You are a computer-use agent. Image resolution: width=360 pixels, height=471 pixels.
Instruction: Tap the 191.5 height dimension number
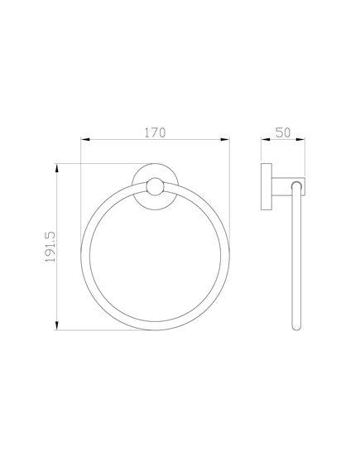[x=49, y=248]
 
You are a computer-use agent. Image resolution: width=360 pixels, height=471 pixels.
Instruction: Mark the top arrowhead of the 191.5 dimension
[x=56, y=167]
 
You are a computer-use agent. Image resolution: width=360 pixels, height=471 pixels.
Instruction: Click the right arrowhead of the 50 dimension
[x=304, y=139]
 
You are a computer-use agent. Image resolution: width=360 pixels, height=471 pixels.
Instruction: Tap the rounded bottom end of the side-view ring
[x=295, y=329]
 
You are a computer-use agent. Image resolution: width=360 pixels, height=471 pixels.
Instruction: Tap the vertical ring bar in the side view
[x=295, y=265]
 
